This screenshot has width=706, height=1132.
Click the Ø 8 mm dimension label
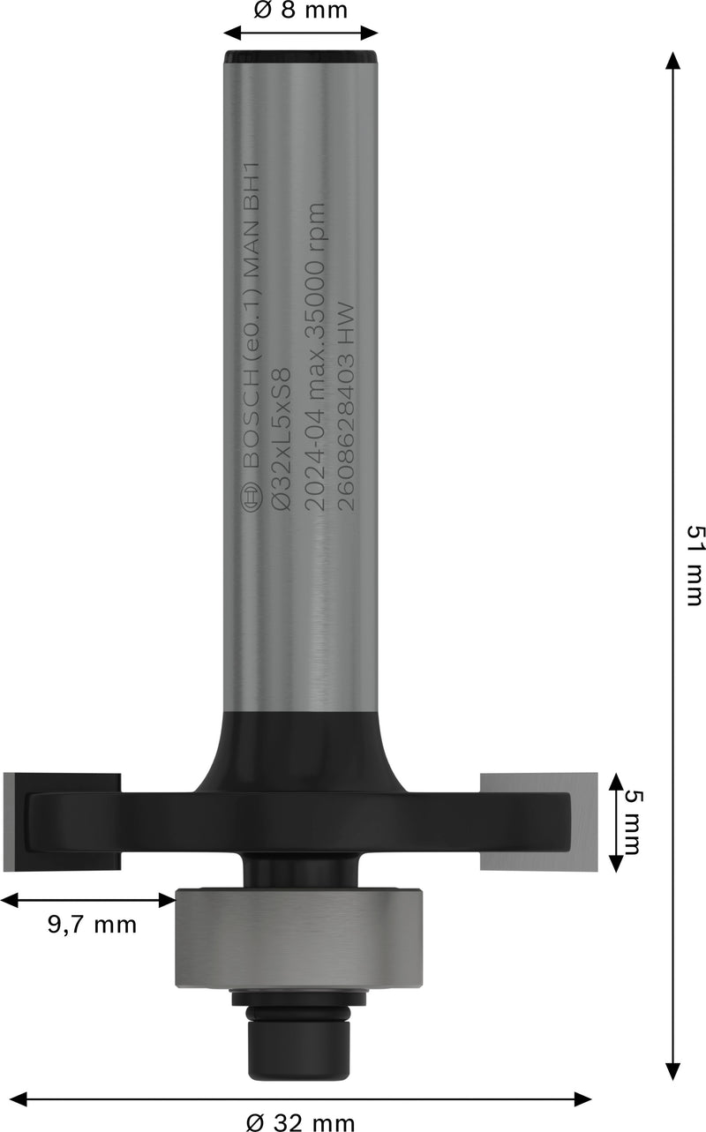pyautogui.click(x=300, y=11)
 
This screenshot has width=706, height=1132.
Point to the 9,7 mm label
pyautogui.click(x=92, y=925)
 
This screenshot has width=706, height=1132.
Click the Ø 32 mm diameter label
pyautogui.click(x=300, y=1122)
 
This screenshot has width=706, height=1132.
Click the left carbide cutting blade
pyautogui.click(x=62, y=821)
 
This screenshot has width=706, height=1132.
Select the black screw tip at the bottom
pyautogui.click(x=299, y=1050)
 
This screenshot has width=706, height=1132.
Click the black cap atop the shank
pyautogui.click(x=301, y=58)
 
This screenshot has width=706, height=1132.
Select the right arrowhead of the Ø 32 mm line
pyautogui.click(x=582, y=1098)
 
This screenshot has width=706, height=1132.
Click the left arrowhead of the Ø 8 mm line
pyautogui.click(x=232, y=34)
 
